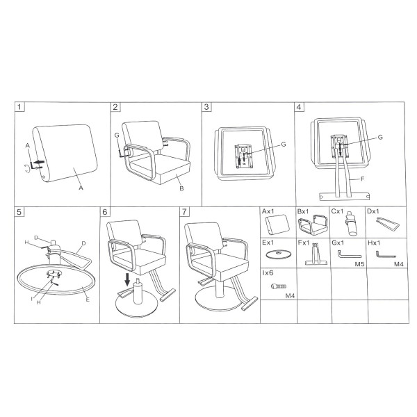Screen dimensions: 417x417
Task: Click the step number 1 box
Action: [19, 107]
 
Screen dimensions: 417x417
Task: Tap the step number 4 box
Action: [299, 107]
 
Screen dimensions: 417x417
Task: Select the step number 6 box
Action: [105, 212]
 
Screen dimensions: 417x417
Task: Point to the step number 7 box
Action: [185, 212]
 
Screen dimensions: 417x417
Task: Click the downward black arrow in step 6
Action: [127, 279]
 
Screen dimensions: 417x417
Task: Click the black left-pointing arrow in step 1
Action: [40, 162]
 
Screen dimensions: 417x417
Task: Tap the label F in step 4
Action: [363, 179]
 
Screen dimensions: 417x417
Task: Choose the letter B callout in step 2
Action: [181, 188]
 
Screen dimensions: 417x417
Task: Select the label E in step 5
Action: [88, 300]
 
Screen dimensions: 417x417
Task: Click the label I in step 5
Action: [32, 299]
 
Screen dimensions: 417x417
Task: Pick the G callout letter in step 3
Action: [284, 144]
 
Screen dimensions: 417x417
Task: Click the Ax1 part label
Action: [268, 211]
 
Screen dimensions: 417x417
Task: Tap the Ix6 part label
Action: [268, 273]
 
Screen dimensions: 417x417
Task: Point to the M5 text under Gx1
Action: [359, 264]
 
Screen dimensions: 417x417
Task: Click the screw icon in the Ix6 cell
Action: [279, 286]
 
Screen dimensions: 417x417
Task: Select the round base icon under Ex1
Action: [279, 254]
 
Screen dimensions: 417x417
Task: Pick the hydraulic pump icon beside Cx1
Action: [351, 223]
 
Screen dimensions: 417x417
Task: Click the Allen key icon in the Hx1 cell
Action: [386, 254]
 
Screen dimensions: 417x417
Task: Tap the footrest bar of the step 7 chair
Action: [250, 304]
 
